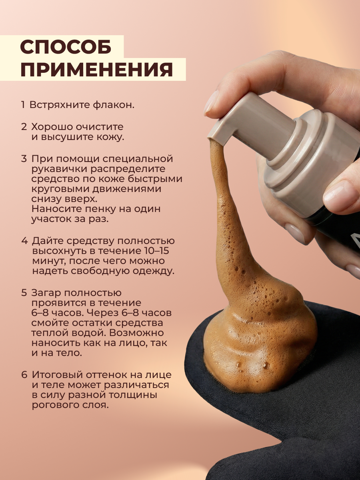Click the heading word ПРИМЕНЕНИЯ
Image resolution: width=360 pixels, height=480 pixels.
[x=97, y=70]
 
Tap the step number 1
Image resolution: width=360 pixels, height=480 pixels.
[x=23, y=105]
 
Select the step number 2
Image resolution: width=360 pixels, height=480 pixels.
[x=24, y=127]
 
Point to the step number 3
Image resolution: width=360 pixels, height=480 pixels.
[x=24, y=159]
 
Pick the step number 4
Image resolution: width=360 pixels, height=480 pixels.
[x=24, y=241]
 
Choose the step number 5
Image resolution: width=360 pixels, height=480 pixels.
[x=24, y=293]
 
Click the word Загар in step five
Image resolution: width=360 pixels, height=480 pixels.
[x=46, y=293]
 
